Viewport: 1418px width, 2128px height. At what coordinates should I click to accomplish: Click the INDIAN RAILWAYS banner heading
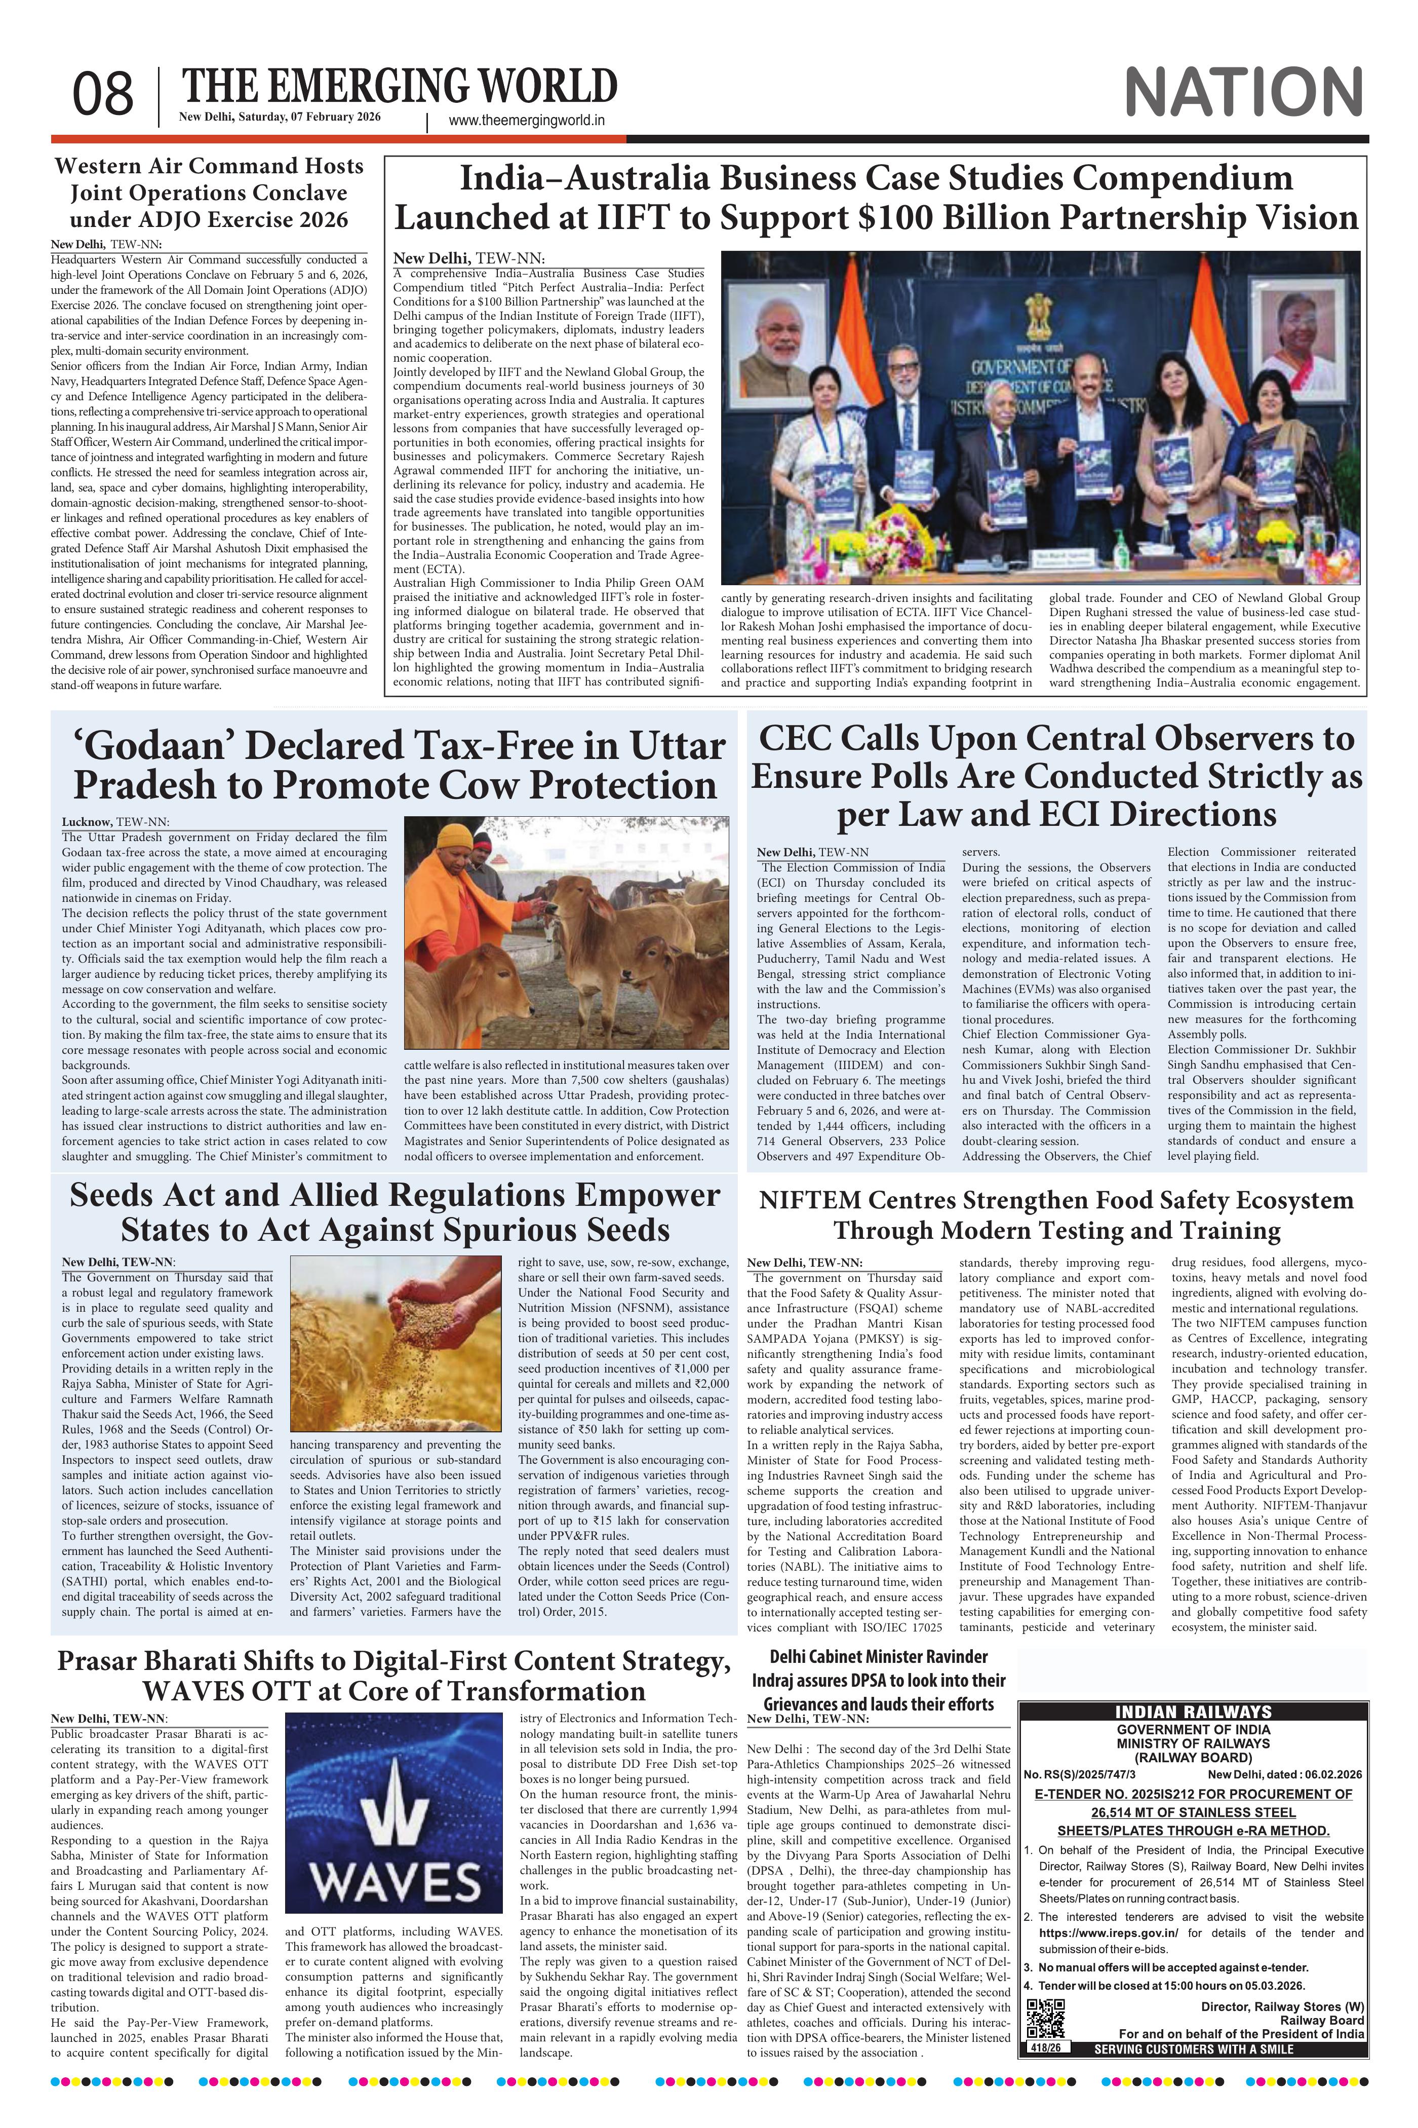coord(1193,1712)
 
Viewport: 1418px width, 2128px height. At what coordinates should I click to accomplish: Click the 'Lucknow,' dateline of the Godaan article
coord(87,821)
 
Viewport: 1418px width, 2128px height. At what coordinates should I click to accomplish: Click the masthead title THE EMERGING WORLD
coord(399,87)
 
